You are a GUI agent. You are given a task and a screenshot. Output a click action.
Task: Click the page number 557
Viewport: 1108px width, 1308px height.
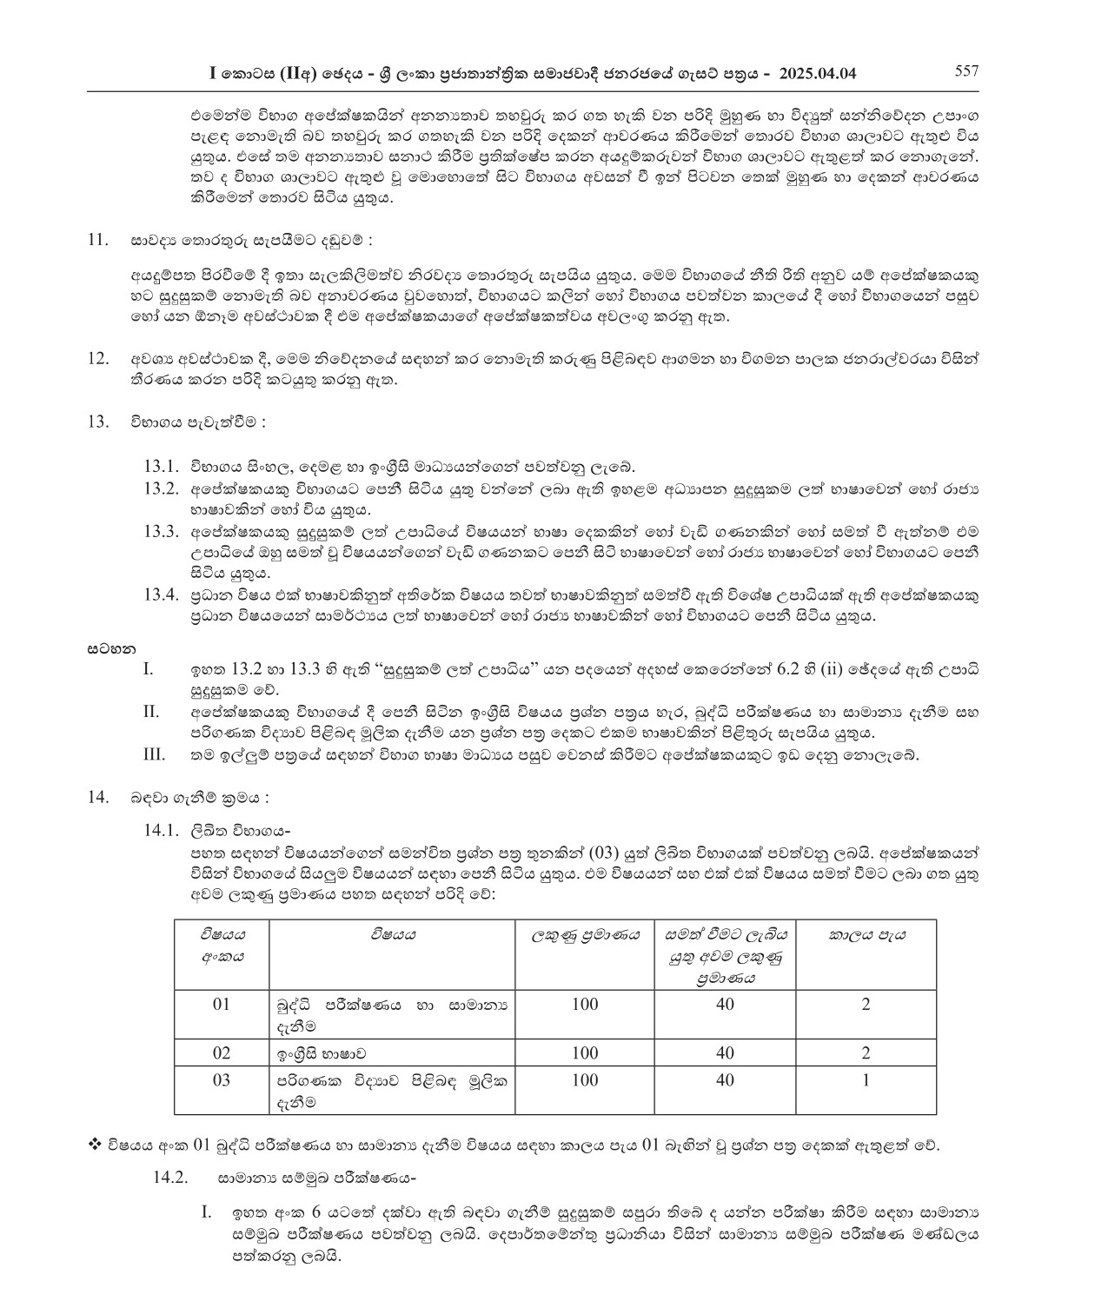967,71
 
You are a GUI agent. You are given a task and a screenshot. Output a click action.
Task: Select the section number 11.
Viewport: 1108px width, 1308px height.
98,239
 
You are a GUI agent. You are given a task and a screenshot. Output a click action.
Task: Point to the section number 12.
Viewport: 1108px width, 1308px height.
98,358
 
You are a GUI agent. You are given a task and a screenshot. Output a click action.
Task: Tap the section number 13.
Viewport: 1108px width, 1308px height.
98,422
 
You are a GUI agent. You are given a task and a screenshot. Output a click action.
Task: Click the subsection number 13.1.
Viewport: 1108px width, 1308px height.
161,467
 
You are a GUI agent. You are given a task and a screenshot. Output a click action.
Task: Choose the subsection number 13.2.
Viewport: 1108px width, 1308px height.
161,488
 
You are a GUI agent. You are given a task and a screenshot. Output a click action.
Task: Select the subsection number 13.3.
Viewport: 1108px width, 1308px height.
161,531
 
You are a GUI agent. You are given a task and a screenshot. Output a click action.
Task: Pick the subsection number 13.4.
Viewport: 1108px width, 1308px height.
161,595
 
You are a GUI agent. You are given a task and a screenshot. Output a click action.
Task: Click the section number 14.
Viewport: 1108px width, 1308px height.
98,797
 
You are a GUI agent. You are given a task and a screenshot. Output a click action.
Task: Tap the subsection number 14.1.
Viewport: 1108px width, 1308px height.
161,830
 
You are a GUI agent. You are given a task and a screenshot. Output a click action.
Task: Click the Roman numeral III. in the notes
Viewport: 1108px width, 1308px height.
154,754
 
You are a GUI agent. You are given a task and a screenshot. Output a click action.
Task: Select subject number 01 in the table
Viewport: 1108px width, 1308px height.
222,1005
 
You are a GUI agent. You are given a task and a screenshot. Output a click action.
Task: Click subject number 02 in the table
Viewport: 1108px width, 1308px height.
222,1052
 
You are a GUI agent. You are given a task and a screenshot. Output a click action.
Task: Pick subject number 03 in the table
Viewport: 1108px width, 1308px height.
222,1080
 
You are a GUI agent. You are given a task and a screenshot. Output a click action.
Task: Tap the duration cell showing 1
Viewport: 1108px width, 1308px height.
866,1080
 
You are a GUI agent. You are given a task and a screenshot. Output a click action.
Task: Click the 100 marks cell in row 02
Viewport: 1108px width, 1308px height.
585,1052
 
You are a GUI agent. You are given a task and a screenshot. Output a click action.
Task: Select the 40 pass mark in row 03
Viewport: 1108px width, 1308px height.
725,1080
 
